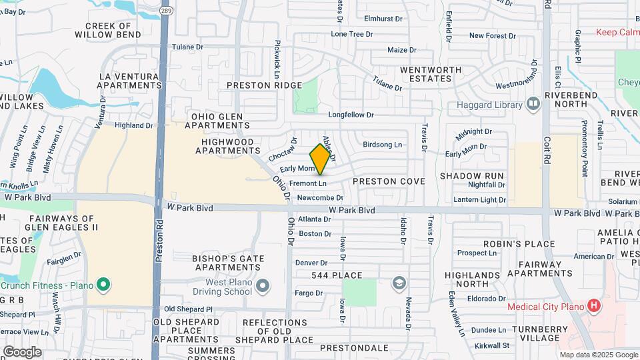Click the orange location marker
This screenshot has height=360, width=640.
(321, 159)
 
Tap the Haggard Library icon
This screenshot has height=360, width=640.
(533, 103)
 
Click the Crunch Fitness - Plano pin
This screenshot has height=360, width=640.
(103, 285)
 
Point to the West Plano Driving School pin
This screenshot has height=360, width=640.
(263, 286)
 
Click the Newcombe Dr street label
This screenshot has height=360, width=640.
(320, 197)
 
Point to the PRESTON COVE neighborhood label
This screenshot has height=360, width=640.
(388, 181)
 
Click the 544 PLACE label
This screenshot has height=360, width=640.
(337, 275)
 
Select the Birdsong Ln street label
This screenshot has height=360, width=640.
(383, 145)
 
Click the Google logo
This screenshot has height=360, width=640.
(22, 351)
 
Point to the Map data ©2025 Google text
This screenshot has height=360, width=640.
(598, 355)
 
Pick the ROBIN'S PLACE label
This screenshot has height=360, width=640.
(505, 244)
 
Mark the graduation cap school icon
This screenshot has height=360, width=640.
(399, 283)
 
